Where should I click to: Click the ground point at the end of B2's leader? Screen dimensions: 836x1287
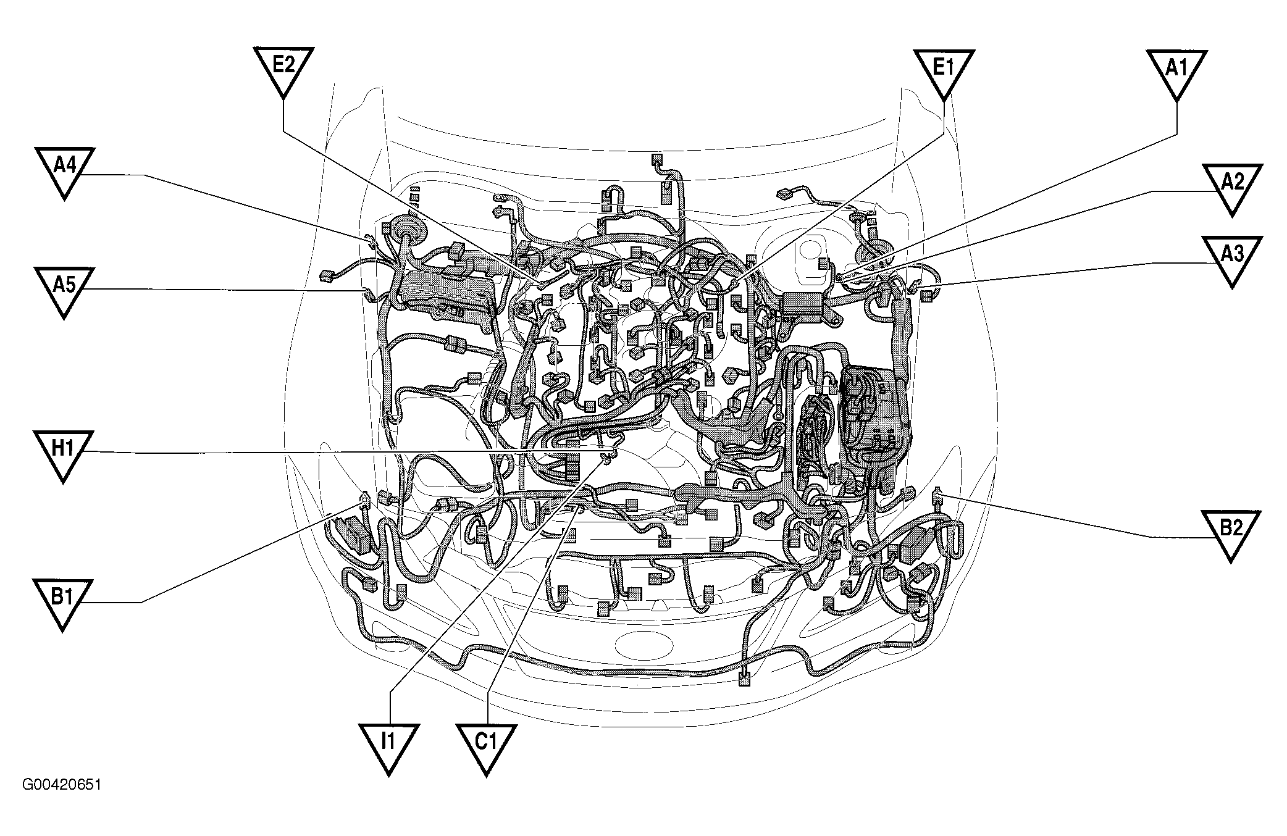(937, 493)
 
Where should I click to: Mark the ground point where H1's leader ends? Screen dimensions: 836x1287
(608, 455)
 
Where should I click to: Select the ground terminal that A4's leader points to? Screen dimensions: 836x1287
(369, 240)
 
